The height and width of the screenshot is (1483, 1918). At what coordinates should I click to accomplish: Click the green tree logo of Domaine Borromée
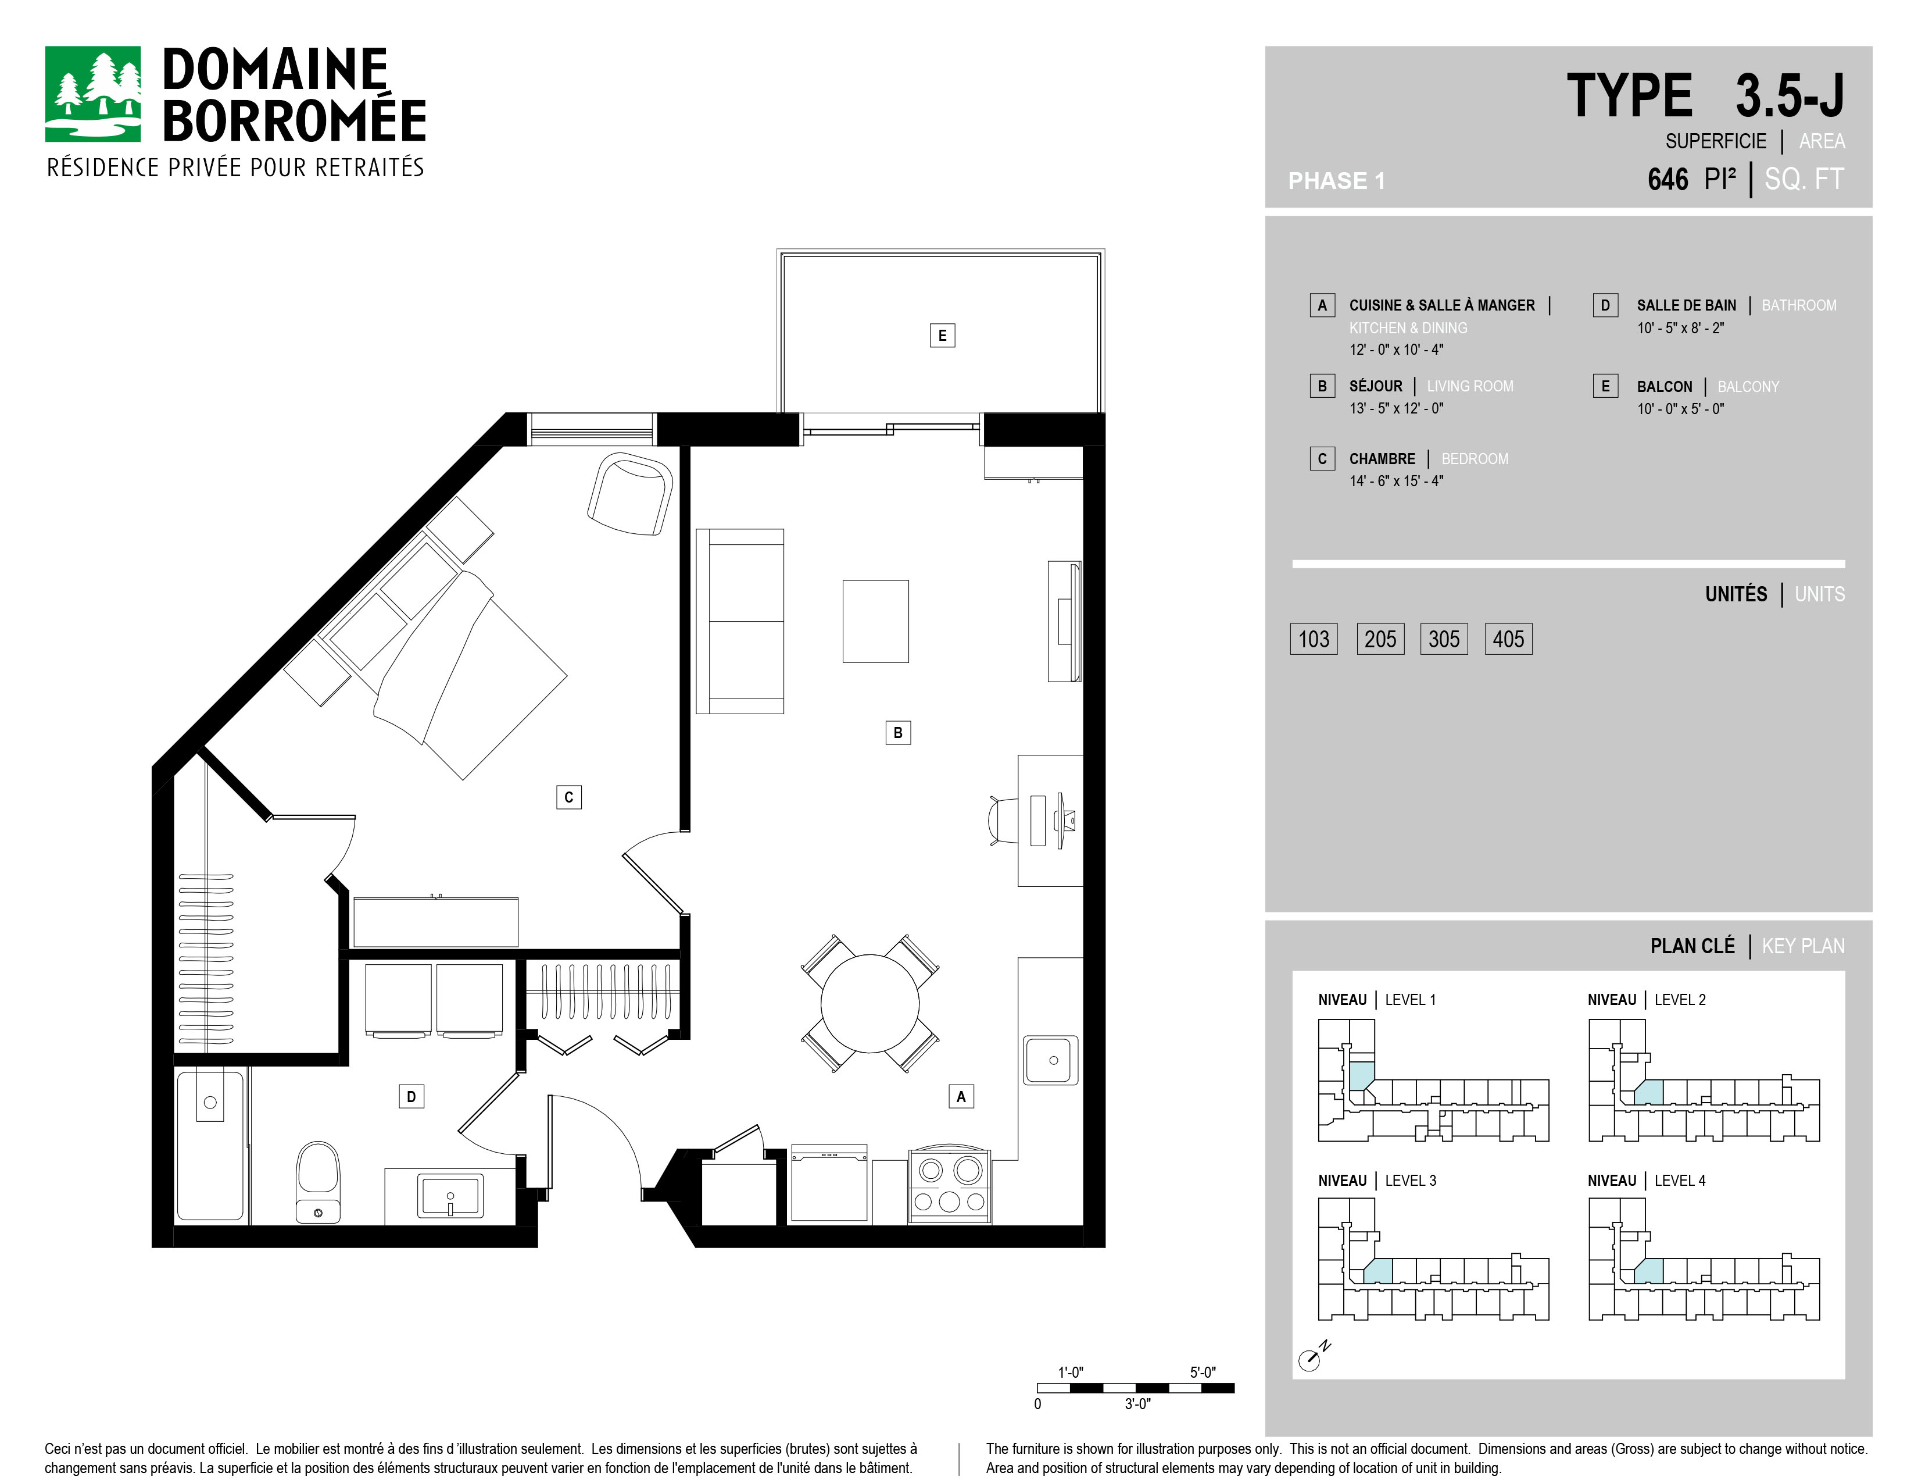[x=92, y=94]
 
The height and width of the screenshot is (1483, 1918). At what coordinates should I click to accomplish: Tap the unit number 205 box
[x=1380, y=639]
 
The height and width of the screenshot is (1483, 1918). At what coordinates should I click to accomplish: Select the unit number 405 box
[x=1508, y=639]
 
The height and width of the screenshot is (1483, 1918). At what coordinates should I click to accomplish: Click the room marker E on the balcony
[x=942, y=335]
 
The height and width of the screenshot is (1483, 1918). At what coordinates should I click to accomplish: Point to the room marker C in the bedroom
[x=568, y=797]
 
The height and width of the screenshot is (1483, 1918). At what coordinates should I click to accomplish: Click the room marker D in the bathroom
[x=411, y=1096]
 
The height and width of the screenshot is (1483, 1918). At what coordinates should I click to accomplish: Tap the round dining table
[x=869, y=1003]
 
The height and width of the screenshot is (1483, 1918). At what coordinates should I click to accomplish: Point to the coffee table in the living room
[x=875, y=621]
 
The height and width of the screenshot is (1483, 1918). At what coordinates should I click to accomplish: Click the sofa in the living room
[x=739, y=621]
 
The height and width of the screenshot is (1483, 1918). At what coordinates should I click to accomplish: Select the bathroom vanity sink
[x=450, y=1196]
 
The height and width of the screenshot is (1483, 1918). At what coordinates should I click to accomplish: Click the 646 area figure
[x=1667, y=179]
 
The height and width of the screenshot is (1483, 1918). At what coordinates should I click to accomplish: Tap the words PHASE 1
[x=1336, y=181]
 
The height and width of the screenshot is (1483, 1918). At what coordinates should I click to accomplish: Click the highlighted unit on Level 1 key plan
[x=1361, y=1076]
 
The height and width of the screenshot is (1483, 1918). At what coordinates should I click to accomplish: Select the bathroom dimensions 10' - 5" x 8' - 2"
[x=1680, y=327]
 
